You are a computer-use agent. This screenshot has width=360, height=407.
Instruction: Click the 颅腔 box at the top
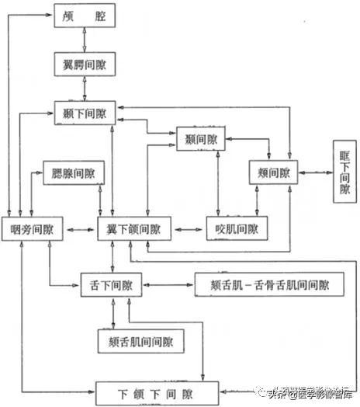(x=85, y=16)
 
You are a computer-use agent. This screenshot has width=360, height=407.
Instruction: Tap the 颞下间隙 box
(x=85, y=113)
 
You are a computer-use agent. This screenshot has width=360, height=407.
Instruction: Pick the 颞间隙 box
(x=202, y=140)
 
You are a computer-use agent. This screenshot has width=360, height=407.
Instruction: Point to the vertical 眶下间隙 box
(x=344, y=172)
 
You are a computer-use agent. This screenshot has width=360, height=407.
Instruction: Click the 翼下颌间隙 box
(x=133, y=229)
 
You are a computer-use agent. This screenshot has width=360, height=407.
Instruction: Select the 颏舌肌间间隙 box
(x=145, y=340)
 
